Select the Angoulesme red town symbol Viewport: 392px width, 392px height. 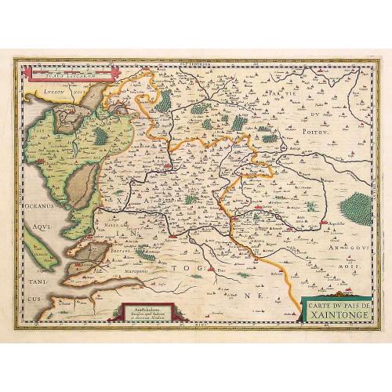point(292,229)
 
